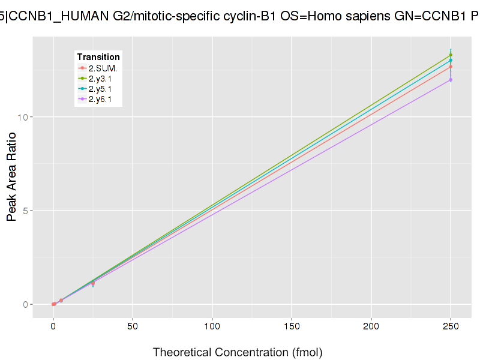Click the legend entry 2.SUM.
pyautogui.click(x=102, y=68)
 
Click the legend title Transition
pyautogui.click(x=98, y=57)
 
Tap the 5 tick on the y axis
pyautogui.click(x=25, y=211)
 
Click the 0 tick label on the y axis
pyautogui.click(x=25, y=304)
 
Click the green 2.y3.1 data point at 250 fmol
pyautogui.click(x=451, y=55)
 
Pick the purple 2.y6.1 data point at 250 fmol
pyautogui.click(x=451, y=80)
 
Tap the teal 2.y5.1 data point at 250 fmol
pyautogui.click(x=451, y=60)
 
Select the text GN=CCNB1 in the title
pyautogui.click(x=430, y=17)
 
